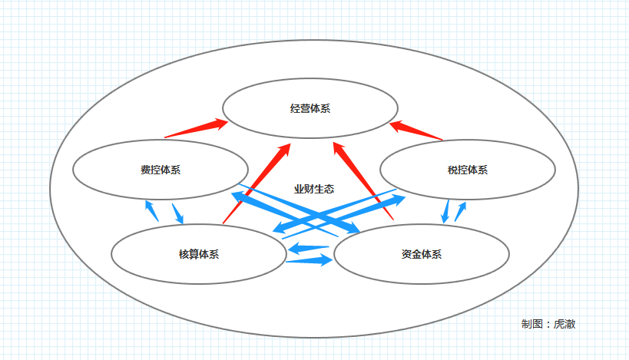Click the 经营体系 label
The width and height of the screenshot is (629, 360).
pyautogui.click(x=310, y=109)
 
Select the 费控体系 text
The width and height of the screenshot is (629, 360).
pyautogui.click(x=161, y=170)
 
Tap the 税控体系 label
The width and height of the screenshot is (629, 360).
pyautogui.click(x=468, y=170)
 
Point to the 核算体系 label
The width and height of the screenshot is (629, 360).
pyautogui.click(x=199, y=254)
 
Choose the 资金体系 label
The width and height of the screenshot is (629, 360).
pyautogui.click(x=422, y=254)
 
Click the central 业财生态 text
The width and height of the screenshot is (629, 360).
pyautogui.click(x=314, y=190)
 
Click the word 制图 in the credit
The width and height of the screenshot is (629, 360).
pyautogui.click(x=532, y=324)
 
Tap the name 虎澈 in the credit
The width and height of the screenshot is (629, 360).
pyautogui.click(x=564, y=324)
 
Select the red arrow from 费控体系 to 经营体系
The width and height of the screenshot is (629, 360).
pyautogui.click(x=196, y=128)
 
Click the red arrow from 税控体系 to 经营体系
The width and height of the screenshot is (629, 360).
pyautogui.click(x=416, y=130)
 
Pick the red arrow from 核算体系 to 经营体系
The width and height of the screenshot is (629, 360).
pyautogui.click(x=257, y=183)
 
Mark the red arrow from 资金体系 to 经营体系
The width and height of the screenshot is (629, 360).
pyautogui.click(x=363, y=181)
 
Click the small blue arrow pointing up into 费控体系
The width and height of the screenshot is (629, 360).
pyautogui.click(x=151, y=211)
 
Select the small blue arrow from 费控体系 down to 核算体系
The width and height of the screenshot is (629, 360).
pyautogui.click(x=177, y=213)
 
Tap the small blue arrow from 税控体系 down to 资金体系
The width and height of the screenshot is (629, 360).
pyautogui.click(x=445, y=211)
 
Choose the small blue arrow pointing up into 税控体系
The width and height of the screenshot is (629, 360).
pyautogui.click(x=461, y=211)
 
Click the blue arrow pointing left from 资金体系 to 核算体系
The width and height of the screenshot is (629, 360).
pyautogui.click(x=309, y=248)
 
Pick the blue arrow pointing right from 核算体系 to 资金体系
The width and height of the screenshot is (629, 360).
pyautogui.click(x=310, y=260)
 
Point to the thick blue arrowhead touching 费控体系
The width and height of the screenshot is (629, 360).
pyautogui.click(x=239, y=197)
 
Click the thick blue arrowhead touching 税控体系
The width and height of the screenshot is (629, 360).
pyautogui.click(x=398, y=200)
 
